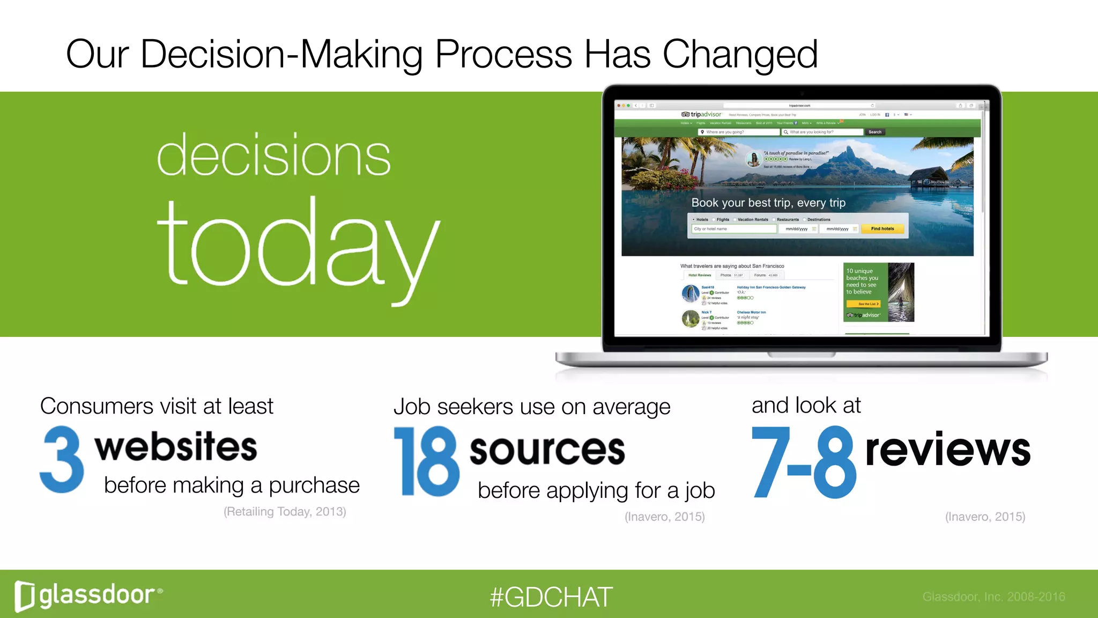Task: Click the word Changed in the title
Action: [x=740, y=55]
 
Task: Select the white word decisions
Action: [x=273, y=156]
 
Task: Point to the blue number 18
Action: [x=427, y=461]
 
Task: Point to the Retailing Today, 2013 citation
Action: [x=285, y=511]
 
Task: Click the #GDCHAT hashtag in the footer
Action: [x=551, y=597]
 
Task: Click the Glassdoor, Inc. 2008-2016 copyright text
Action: [x=993, y=597]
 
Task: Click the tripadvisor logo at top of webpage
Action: [x=701, y=114]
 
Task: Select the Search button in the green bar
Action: [x=874, y=132]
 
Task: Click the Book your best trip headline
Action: [x=768, y=203]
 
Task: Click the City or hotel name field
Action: [x=733, y=229]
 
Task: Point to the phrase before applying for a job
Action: [x=596, y=490]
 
